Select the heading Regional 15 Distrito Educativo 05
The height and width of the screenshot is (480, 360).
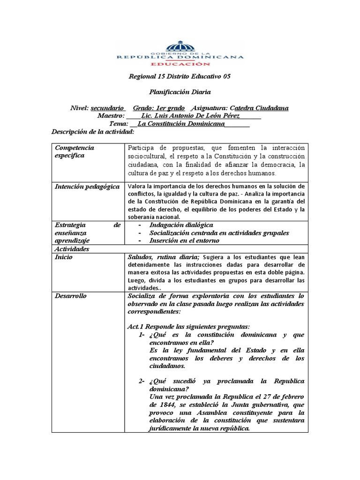tap(180, 76)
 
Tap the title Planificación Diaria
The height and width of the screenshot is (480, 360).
tap(180, 92)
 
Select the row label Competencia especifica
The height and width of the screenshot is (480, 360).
tap(75, 151)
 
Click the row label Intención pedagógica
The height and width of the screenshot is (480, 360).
tap(87, 187)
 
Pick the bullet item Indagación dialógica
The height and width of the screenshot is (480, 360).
tap(181, 225)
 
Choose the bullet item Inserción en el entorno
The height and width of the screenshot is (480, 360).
tap(184, 240)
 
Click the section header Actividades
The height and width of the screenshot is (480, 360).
tap(72, 249)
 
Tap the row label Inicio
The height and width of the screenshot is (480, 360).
tap(64, 257)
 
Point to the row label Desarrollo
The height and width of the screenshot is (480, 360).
tap(70, 296)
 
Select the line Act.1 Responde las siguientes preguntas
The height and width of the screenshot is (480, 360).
tap(188, 326)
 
